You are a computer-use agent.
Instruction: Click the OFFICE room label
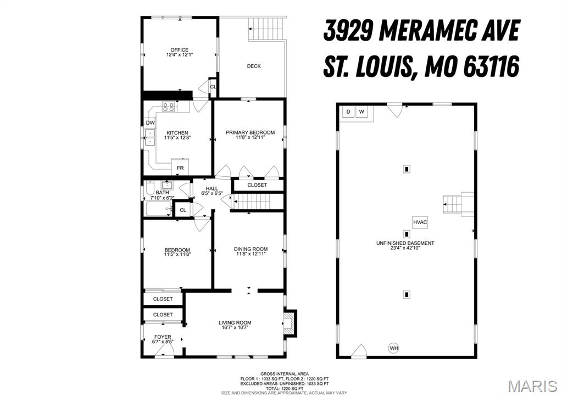[179, 50]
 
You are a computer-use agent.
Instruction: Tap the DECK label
[254, 66]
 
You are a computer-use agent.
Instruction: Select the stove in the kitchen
[169, 107]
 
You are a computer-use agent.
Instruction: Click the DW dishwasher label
[150, 123]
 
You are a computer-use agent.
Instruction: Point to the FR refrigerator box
[180, 166]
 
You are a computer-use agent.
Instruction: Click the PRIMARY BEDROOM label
[250, 132]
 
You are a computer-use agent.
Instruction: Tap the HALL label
[212, 189]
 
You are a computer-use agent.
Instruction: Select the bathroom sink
[166, 185]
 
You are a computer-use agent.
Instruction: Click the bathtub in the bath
[158, 209]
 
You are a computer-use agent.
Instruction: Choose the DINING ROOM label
[251, 249]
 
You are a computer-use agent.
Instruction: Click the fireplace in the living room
[290, 323]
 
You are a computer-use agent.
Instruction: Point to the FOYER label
[163, 337]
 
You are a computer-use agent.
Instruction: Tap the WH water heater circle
[393, 348]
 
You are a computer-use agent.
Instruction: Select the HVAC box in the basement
[420, 222]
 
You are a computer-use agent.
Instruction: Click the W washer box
[361, 112]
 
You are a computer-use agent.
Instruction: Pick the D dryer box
[348, 112]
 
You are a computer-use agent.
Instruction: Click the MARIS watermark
[532, 386]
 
